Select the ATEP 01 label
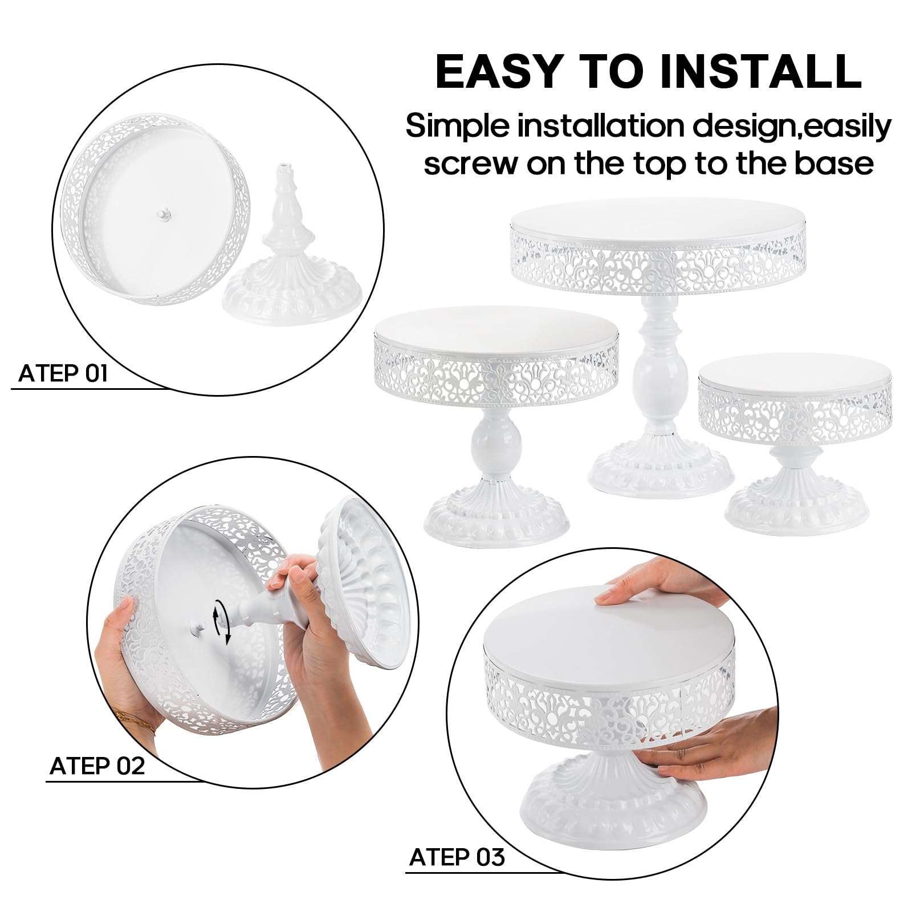(63, 374)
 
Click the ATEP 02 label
(97, 766)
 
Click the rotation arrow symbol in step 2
(221, 623)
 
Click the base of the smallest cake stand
(797, 502)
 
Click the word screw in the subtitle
(470, 164)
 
